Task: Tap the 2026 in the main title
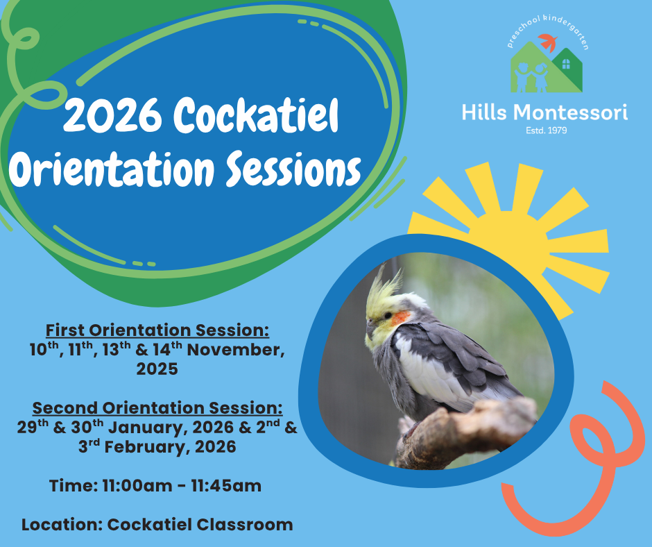(112, 115)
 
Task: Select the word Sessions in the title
(293, 169)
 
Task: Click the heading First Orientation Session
(157, 330)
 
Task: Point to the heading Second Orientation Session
(157, 408)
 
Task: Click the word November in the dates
(236, 350)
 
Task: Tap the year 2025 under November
(157, 369)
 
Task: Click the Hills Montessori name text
(544, 112)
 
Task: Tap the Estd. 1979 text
(546, 131)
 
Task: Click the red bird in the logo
(549, 42)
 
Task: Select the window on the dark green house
(566, 64)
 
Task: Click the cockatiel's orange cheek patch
(400, 319)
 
